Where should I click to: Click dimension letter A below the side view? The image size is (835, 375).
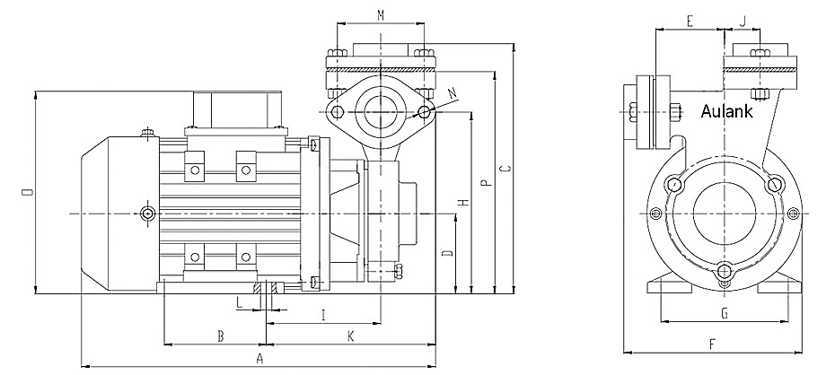(x=259, y=357)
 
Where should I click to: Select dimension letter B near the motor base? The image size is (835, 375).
(x=220, y=336)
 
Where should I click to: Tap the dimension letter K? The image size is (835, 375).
(x=351, y=336)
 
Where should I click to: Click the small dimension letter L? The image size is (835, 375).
(x=239, y=303)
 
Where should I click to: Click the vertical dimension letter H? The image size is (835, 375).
(x=463, y=203)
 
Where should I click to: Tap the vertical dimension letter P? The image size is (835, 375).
(x=486, y=184)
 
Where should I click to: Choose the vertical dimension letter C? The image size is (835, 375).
(x=505, y=168)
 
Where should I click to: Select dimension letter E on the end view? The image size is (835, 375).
(x=689, y=20)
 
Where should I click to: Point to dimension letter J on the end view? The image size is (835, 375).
(x=744, y=20)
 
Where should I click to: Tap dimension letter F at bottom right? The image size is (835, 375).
(x=711, y=344)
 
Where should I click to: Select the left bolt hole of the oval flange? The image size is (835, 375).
(x=336, y=112)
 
